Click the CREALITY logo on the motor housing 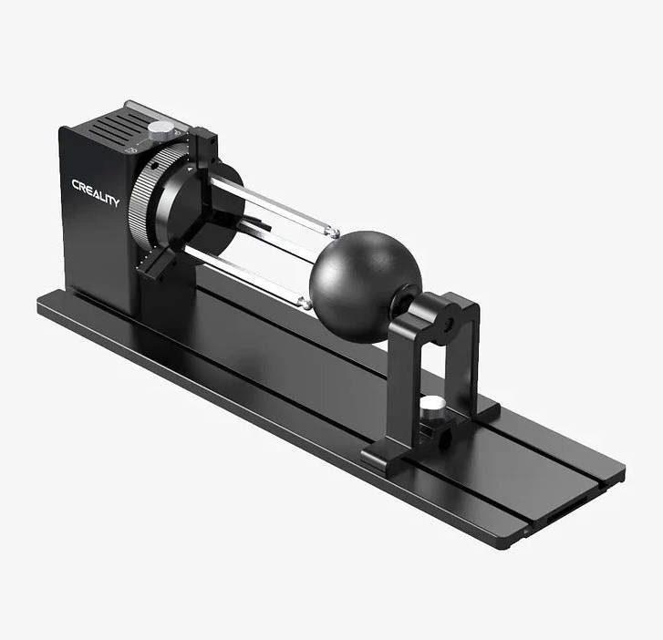pos(95,192)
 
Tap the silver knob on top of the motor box pos(161,129)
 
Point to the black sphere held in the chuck pos(366,286)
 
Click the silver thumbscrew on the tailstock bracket pos(431,407)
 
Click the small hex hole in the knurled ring pos(153,168)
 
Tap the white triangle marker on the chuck pos(190,169)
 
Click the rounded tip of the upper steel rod pos(334,232)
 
